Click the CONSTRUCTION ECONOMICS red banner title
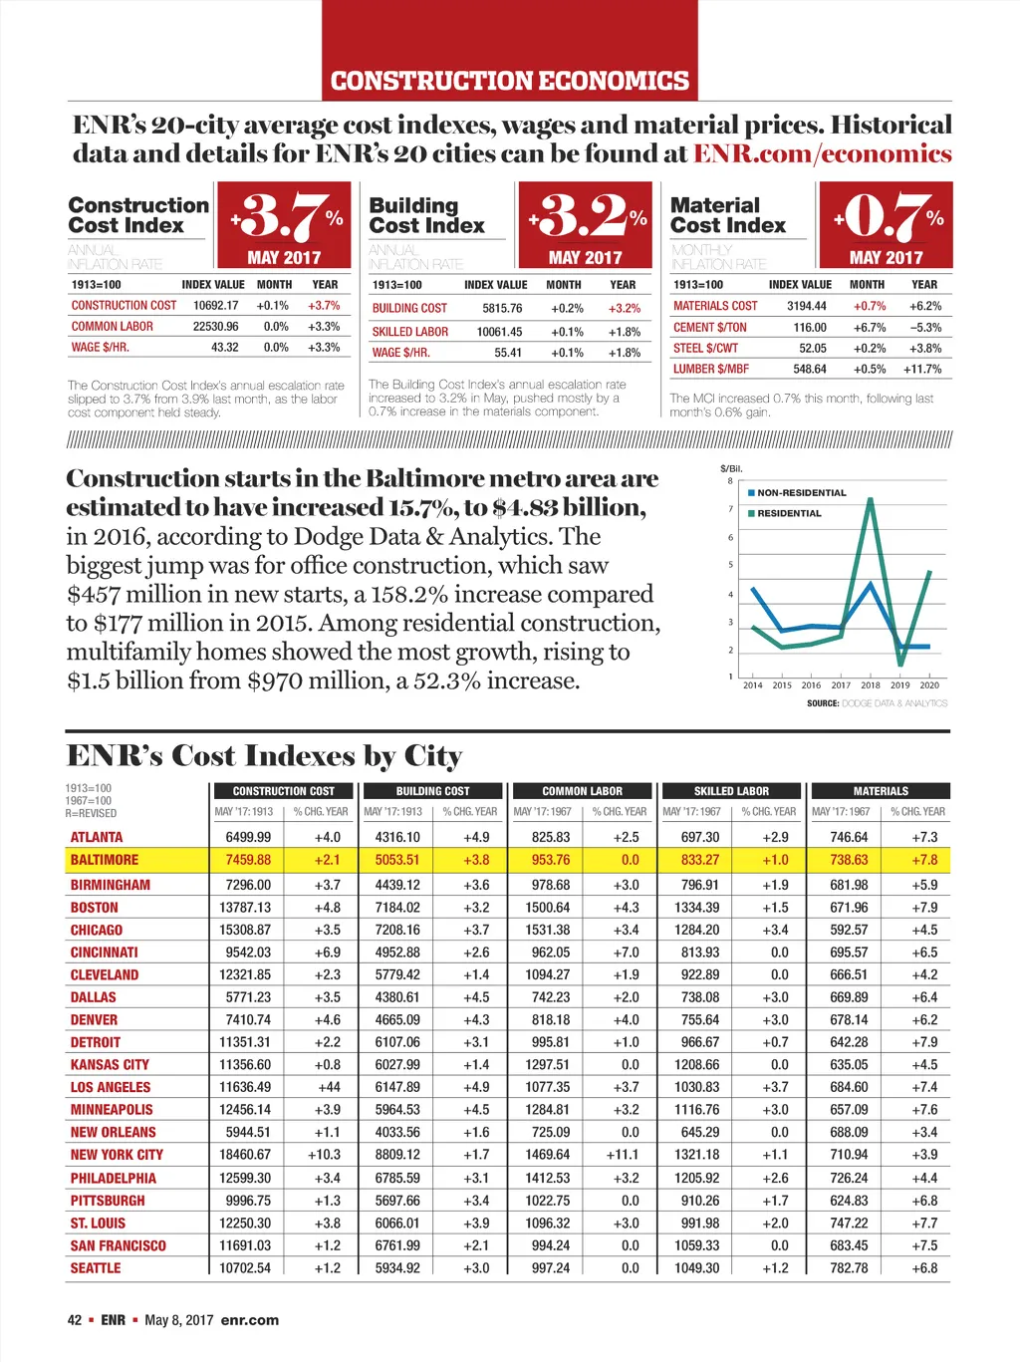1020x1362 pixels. tap(509, 81)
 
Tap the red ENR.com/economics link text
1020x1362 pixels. tap(822, 153)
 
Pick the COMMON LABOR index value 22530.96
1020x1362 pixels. tap(215, 327)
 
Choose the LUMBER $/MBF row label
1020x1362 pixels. tap(710, 369)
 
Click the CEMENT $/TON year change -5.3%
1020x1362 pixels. tap(924, 328)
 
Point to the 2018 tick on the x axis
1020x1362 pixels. tap(871, 685)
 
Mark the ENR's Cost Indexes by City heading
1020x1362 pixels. tap(264, 756)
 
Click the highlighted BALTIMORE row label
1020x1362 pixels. tap(105, 860)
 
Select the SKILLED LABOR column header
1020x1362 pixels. tap(731, 791)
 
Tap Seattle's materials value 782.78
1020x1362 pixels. tap(849, 1268)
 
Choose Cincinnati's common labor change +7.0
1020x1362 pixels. tap(626, 953)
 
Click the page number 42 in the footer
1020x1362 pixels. tap(75, 1320)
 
